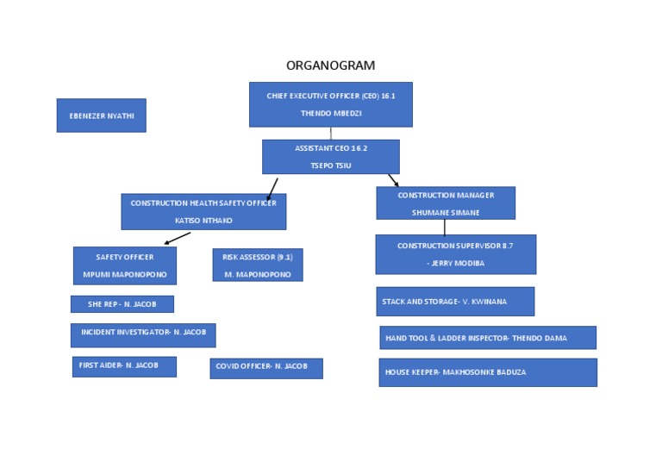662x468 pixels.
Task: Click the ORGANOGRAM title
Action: [330, 66]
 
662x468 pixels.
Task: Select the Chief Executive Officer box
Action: [330, 104]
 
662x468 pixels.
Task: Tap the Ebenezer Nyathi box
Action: [101, 115]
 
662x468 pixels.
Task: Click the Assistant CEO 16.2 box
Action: [330, 157]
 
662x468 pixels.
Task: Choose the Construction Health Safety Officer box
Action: [203, 211]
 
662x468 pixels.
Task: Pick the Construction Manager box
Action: [445, 203]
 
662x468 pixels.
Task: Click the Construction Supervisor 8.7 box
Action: [455, 254]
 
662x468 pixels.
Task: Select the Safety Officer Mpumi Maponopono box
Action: [125, 265]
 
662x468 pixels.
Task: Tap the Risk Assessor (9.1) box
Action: [257, 265]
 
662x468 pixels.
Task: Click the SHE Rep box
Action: [122, 304]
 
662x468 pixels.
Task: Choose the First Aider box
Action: [123, 366]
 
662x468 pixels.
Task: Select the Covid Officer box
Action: [265, 368]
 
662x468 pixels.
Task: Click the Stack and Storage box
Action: [455, 302]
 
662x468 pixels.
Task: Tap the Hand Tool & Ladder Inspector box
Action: [487, 338]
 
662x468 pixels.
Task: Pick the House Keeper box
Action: [487, 372]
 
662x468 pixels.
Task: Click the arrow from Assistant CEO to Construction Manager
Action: [393, 180]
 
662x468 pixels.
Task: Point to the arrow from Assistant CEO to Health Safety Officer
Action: [272, 188]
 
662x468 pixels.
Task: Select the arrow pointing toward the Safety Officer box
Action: [177, 238]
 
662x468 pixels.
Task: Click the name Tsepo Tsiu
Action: [330, 165]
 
